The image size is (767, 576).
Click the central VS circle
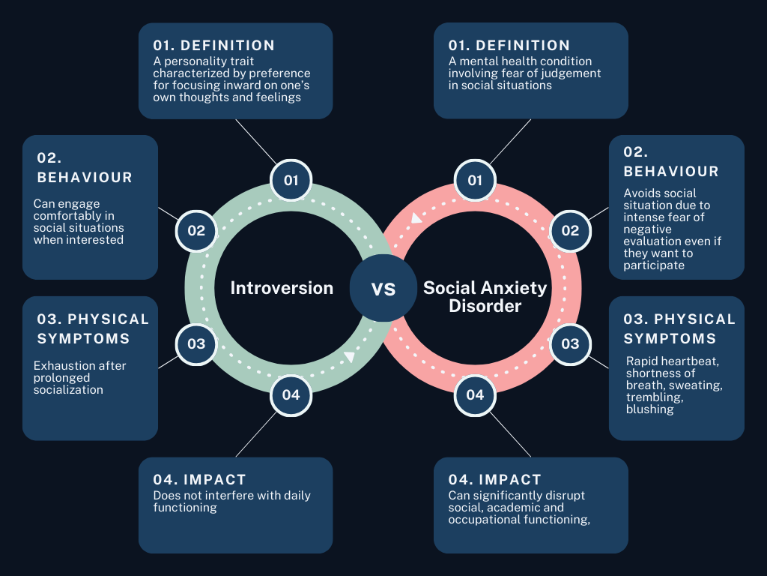point(383,289)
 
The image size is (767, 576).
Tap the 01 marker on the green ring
point(291,180)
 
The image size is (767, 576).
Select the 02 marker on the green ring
point(196,230)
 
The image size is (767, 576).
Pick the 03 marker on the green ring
point(196,343)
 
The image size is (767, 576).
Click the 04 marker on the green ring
point(291,394)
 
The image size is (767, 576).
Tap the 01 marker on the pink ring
point(475,180)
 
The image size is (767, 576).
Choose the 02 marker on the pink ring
point(570,230)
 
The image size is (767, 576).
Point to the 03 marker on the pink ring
point(570,343)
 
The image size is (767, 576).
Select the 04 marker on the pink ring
point(475,394)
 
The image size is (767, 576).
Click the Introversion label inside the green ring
point(282,288)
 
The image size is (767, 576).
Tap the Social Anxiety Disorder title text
point(485,297)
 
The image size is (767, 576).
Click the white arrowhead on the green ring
point(348,356)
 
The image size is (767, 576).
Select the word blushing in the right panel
point(649,409)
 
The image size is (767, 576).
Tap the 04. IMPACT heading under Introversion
point(199,480)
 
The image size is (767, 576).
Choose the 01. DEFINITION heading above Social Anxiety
point(509,46)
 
